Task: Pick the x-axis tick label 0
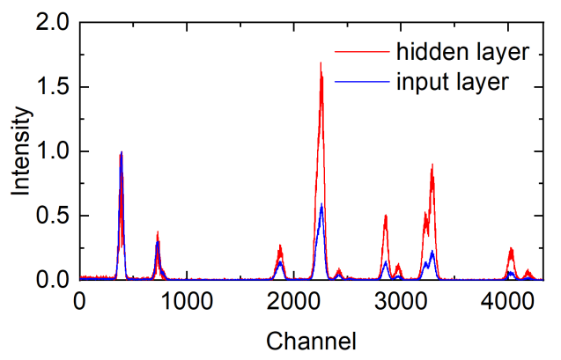pos(79,300)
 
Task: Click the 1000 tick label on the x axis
pos(186,300)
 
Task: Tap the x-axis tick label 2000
pos(292,300)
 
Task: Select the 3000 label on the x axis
pos(400,300)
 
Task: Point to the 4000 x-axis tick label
pos(506,300)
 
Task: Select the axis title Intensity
pos(20,151)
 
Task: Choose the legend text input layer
pos(453,83)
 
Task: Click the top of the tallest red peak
pos(321,62)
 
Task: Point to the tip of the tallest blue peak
pos(121,153)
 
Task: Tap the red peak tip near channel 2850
pos(385,216)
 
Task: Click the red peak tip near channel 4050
pos(511,248)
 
